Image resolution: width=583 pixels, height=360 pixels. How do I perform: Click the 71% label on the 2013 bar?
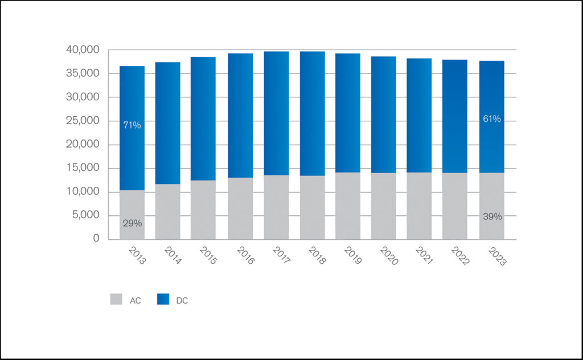coord(132,125)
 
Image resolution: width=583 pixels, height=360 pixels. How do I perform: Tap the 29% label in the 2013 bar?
coord(132,223)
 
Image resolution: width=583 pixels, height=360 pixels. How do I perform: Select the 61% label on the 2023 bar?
coord(492,118)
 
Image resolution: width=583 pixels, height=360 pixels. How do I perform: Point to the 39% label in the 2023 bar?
coord(492,216)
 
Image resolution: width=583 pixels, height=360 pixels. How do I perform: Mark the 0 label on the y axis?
coord(97,239)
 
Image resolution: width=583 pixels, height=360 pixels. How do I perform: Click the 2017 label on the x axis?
coord(281,255)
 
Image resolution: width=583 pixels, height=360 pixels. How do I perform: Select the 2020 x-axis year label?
coord(389,255)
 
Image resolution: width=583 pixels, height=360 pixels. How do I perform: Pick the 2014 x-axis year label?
coord(173,255)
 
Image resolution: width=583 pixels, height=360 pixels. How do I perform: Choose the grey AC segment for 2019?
coord(348,206)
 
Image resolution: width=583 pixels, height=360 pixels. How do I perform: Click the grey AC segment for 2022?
coord(455,206)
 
